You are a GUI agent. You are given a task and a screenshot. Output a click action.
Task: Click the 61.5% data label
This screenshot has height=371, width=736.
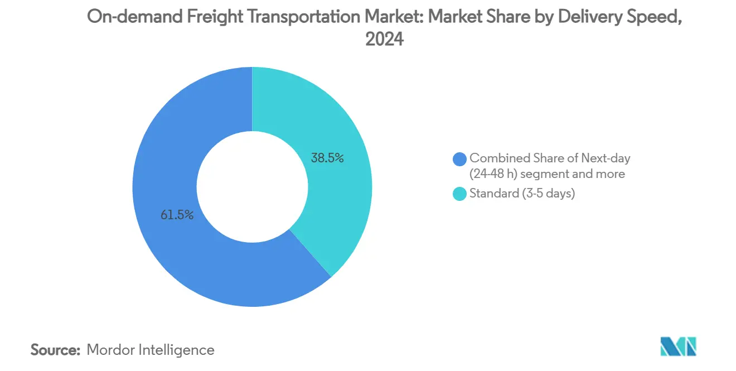click(x=177, y=215)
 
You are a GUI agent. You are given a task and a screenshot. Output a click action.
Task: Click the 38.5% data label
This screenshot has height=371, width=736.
click(x=327, y=158)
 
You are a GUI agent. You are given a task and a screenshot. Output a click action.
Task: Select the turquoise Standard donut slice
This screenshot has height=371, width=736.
click(x=335, y=201)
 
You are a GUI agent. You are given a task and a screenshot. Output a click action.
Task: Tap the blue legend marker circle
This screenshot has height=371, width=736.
click(x=460, y=159)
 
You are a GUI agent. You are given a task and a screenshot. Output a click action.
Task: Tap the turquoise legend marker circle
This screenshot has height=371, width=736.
click(x=460, y=194)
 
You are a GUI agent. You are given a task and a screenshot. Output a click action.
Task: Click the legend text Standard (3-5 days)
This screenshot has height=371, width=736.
click(x=522, y=194)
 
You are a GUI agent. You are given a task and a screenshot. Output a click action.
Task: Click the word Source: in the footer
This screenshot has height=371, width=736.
click(x=56, y=350)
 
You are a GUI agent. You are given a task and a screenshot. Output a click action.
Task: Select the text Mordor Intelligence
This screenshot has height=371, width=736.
click(x=151, y=350)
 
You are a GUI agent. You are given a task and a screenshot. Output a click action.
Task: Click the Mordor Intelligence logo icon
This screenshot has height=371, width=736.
click(x=678, y=346)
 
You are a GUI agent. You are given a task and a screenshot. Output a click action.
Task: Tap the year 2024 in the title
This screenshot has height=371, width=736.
click(x=384, y=40)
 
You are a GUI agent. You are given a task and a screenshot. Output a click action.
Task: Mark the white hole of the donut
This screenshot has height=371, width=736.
click(x=252, y=187)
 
